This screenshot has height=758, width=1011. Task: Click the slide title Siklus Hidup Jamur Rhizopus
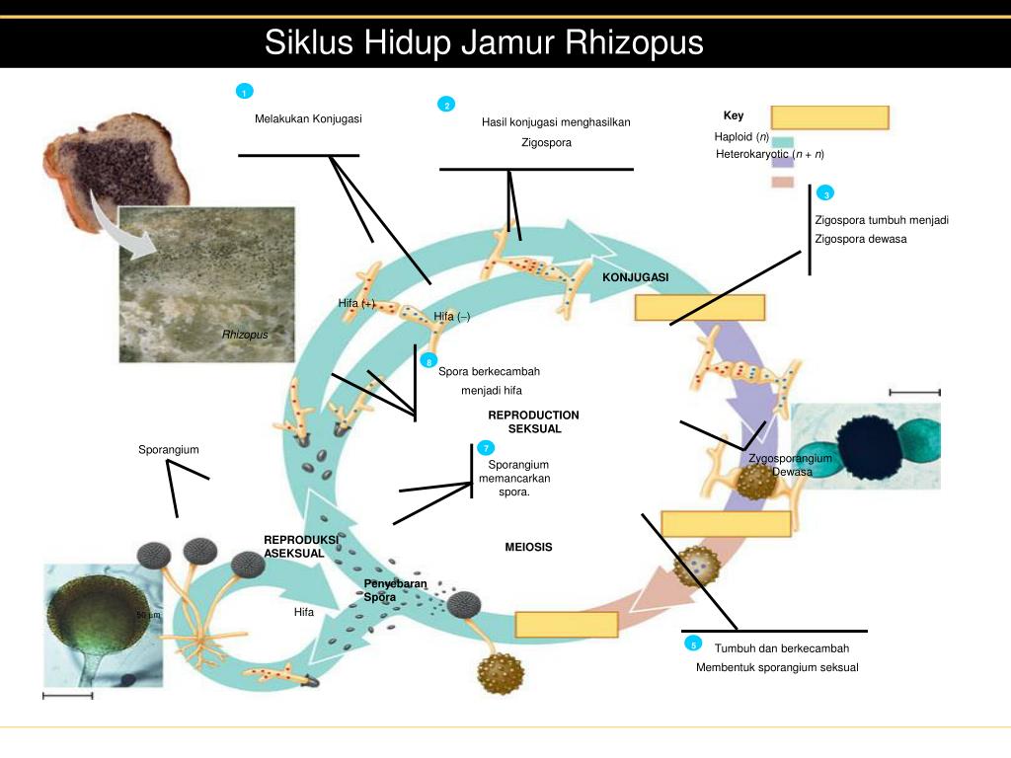[x=484, y=43]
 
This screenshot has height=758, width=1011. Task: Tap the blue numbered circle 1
[x=244, y=92]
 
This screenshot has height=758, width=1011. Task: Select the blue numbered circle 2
[x=446, y=105]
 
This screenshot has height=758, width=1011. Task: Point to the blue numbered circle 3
[x=825, y=192]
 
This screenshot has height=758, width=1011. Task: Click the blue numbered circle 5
[x=694, y=644]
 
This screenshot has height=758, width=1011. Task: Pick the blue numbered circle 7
[x=487, y=448]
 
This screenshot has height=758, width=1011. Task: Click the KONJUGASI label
[x=635, y=277]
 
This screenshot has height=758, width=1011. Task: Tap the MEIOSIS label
[x=528, y=547]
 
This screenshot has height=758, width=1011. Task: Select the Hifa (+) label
[x=356, y=303]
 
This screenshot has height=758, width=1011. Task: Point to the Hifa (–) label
[x=452, y=316]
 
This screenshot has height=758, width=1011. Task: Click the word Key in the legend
[x=733, y=115]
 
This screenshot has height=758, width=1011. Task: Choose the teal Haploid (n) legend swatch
[x=783, y=142]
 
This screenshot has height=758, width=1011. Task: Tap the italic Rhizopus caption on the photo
[x=245, y=335]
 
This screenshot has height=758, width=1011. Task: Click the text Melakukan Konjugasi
[x=308, y=119]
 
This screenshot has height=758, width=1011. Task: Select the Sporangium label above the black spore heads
[x=169, y=450]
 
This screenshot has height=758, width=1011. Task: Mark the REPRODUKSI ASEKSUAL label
[x=300, y=547]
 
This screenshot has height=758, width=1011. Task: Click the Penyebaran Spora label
[x=395, y=590]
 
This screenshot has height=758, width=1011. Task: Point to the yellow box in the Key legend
[x=829, y=117]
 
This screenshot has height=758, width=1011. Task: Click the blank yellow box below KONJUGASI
[x=700, y=308]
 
